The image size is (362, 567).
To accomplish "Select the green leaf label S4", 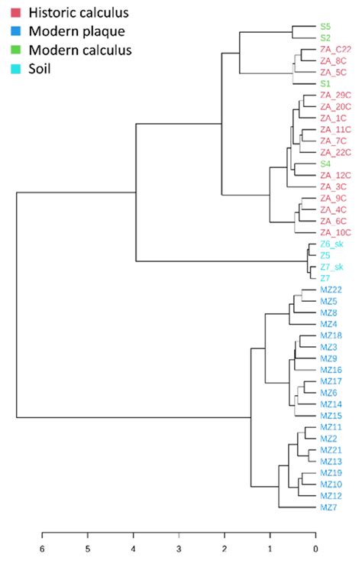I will pyautogui.click(x=325, y=164).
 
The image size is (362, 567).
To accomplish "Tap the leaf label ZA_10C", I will pyautogui.click(x=335, y=232).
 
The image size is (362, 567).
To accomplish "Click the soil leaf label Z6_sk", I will pyautogui.click(x=333, y=245).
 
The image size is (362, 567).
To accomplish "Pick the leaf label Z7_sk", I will pyautogui.click(x=333, y=267).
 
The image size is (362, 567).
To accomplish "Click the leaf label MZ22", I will pyautogui.click(x=331, y=290).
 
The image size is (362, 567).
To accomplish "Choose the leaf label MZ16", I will pyautogui.click(x=331, y=369).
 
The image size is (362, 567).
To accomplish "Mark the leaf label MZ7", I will pyautogui.click(x=328, y=507).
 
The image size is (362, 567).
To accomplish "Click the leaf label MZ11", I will pyautogui.click(x=331, y=426).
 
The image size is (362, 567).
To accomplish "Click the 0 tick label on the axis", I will pyautogui.click(x=315, y=548).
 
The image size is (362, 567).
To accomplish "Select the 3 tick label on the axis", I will pyautogui.click(x=179, y=548).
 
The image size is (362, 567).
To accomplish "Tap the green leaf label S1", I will pyautogui.click(x=325, y=83).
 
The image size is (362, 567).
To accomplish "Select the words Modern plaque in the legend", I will pyautogui.click(x=66, y=31).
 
